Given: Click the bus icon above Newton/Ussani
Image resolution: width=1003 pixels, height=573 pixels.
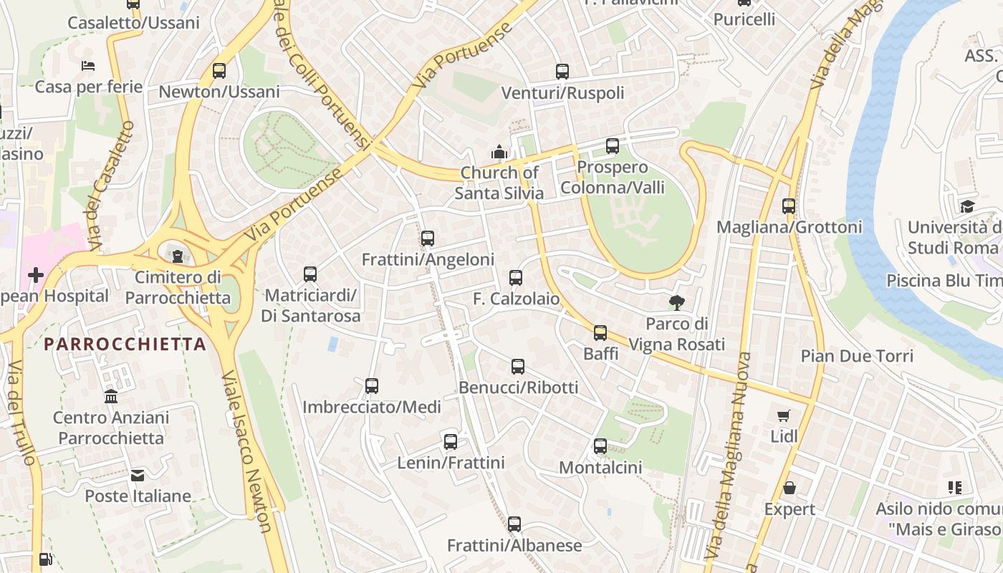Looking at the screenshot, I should pos(219,71).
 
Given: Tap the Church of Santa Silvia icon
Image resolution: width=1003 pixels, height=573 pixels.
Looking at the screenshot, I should pos(499,152).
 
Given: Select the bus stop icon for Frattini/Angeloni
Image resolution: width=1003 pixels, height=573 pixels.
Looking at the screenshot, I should pos(428,239).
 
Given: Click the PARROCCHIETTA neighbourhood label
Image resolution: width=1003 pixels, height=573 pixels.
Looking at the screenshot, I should pos(125,345).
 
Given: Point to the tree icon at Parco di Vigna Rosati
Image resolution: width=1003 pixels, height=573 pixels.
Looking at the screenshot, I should pos(676,303).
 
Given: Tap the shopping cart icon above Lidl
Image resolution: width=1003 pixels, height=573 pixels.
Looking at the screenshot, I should pos(784,415).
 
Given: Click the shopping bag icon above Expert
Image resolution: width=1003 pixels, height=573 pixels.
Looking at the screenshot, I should pos(789,488).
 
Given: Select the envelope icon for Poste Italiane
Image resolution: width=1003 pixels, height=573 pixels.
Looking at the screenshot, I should pos(138,475).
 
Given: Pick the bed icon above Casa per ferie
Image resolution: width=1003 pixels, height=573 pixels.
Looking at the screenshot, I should pos(88,66).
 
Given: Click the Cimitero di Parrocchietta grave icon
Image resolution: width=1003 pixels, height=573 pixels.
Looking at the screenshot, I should pos(178,256).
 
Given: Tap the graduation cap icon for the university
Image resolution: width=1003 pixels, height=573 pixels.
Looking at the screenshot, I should pos(967,207).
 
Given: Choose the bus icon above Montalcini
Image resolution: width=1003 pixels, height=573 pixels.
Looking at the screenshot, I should pos(600,446).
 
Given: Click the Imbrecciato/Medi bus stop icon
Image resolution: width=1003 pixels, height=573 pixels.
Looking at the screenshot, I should pos(372,386).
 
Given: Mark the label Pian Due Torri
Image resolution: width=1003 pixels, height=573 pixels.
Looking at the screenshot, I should pos(857,356).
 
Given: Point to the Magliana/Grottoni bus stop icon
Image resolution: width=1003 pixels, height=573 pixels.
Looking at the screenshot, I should pos(789,206).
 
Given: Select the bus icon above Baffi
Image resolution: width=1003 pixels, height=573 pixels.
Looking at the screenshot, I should pos(600,332).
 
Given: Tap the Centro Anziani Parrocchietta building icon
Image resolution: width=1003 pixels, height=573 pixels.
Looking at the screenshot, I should pos(111,396).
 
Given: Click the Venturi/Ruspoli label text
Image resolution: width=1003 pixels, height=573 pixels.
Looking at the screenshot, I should pos(562,93).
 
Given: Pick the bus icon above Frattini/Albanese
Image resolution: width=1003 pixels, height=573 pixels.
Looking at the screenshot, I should pos(514,524).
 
